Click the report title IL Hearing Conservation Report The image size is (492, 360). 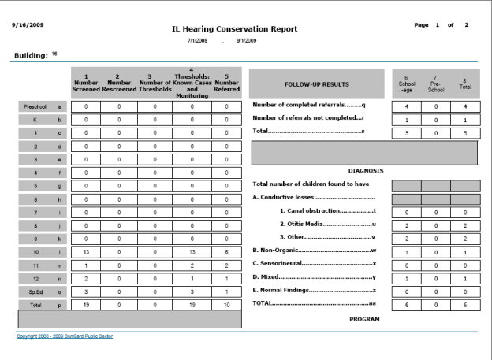click(235, 29)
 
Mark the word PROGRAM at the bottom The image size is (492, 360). click(364, 320)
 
